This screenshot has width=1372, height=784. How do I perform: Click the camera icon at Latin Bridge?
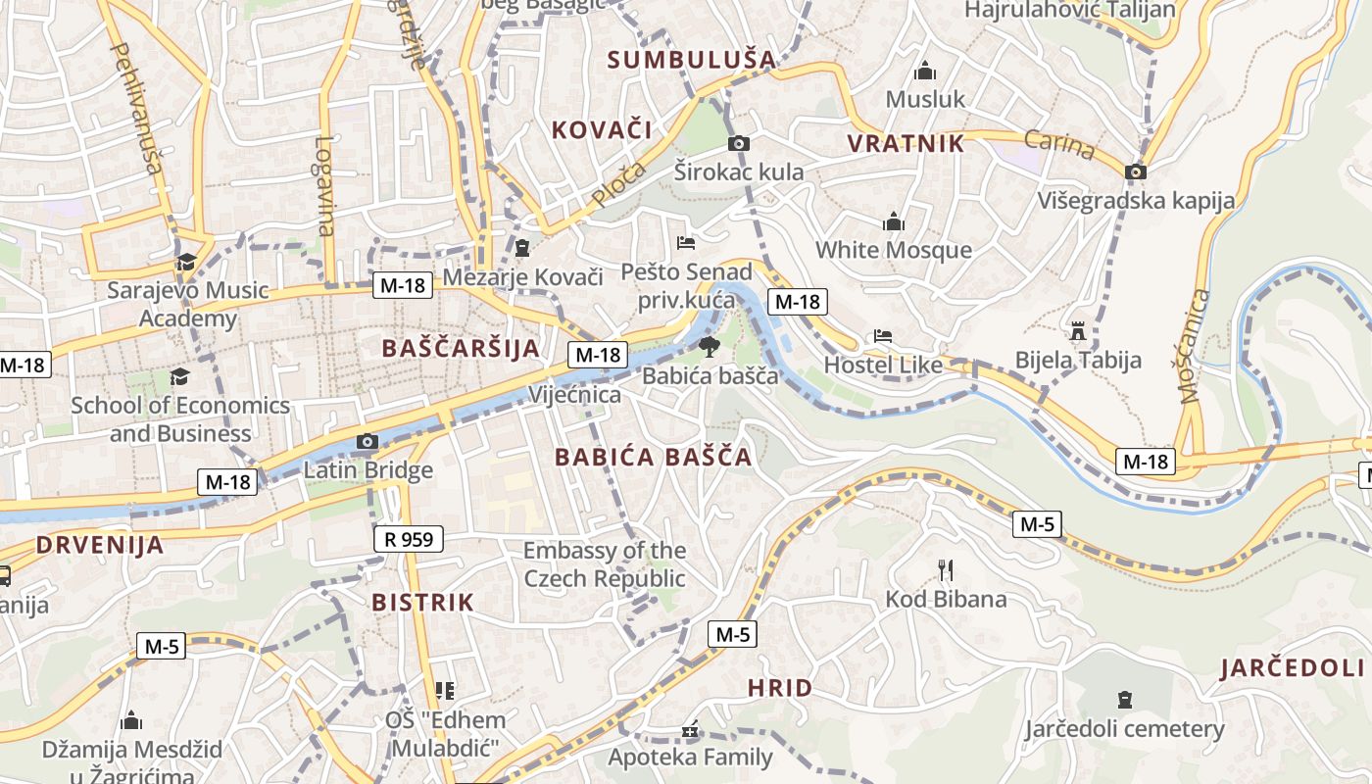point(367,442)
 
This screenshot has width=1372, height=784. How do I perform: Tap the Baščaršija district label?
point(461,348)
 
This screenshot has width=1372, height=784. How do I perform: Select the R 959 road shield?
point(409,538)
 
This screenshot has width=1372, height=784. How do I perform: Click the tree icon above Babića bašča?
point(709,346)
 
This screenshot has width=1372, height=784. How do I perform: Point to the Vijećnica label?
point(574,395)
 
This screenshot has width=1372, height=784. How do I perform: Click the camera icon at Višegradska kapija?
point(1136,171)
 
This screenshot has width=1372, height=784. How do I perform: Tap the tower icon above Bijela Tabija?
point(1078,331)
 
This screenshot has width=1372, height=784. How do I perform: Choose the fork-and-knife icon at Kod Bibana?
point(946,570)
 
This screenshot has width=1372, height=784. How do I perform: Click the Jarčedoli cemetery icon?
point(1125,700)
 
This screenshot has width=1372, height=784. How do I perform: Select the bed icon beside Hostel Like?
point(882,336)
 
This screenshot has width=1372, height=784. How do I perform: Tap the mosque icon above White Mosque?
point(893,221)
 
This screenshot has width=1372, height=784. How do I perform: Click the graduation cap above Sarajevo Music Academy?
point(186,262)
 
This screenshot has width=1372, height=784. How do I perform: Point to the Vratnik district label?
point(906,143)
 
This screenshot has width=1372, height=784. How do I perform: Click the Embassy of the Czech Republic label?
point(605,564)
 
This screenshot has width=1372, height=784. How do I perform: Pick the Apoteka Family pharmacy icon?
point(690,730)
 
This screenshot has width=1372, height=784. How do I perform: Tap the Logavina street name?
point(325,185)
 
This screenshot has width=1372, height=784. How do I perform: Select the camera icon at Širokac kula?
point(739,144)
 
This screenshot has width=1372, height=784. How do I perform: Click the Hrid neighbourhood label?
point(780,688)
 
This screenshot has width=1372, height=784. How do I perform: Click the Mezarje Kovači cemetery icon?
point(522,248)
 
